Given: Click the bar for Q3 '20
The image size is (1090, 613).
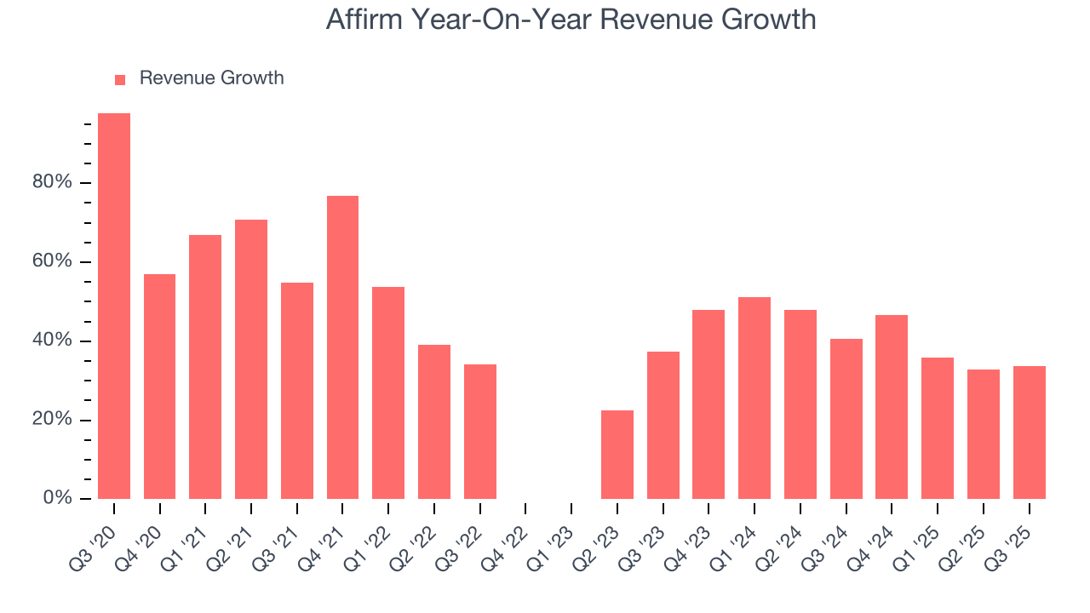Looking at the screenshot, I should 114,306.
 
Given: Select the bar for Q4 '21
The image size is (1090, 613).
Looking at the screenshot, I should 342,347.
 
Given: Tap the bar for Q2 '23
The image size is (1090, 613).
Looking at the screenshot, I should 617,455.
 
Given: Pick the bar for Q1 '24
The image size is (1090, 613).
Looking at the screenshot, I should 754,398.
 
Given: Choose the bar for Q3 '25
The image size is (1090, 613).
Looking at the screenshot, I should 1029,433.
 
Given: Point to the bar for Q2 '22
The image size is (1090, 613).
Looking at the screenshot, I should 434,421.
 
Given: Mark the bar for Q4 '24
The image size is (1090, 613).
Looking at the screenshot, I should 892,407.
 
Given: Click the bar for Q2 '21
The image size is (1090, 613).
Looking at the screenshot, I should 251,359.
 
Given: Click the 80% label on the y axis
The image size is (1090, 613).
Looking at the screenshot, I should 51,183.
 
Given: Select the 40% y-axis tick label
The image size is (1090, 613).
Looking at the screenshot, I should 51,341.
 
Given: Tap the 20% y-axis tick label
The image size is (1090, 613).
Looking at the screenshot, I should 51,421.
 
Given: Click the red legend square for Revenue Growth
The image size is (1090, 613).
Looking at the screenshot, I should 120,79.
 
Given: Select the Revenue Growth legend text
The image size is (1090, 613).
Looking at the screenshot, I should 211,78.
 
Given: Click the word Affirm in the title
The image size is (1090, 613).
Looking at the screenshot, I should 367,20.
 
